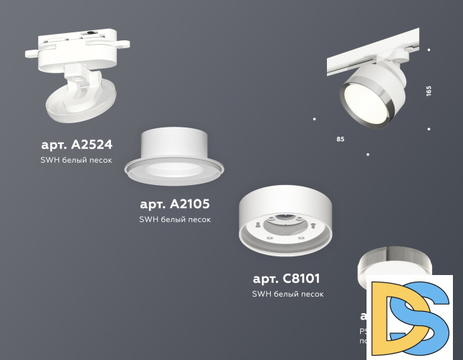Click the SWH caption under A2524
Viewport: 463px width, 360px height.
click(76, 160)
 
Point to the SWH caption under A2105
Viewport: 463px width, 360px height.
click(175, 220)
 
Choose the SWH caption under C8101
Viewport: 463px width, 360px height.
click(288, 294)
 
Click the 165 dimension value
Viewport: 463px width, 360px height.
click(428, 91)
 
